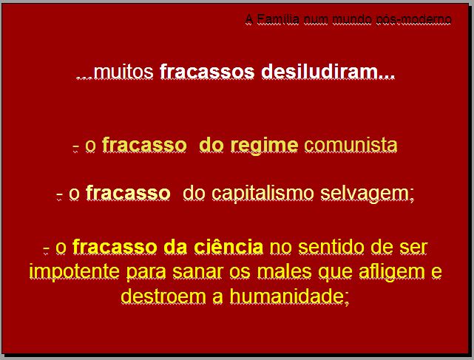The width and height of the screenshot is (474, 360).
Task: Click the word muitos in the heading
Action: [123, 72]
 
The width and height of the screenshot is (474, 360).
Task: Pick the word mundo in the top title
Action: [351, 19]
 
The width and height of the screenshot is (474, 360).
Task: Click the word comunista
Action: [351, 145]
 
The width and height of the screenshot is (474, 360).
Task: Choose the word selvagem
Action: [365, 194]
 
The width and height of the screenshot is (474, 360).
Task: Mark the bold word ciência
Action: [228, 247]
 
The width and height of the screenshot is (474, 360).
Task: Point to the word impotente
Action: [75, 271]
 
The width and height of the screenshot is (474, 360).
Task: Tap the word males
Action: [285, 271]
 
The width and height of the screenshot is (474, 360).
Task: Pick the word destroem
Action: [163, 296]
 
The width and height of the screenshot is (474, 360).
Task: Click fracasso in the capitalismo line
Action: [128, 193]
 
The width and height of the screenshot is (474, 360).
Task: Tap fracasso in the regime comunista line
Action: [144, 145]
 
